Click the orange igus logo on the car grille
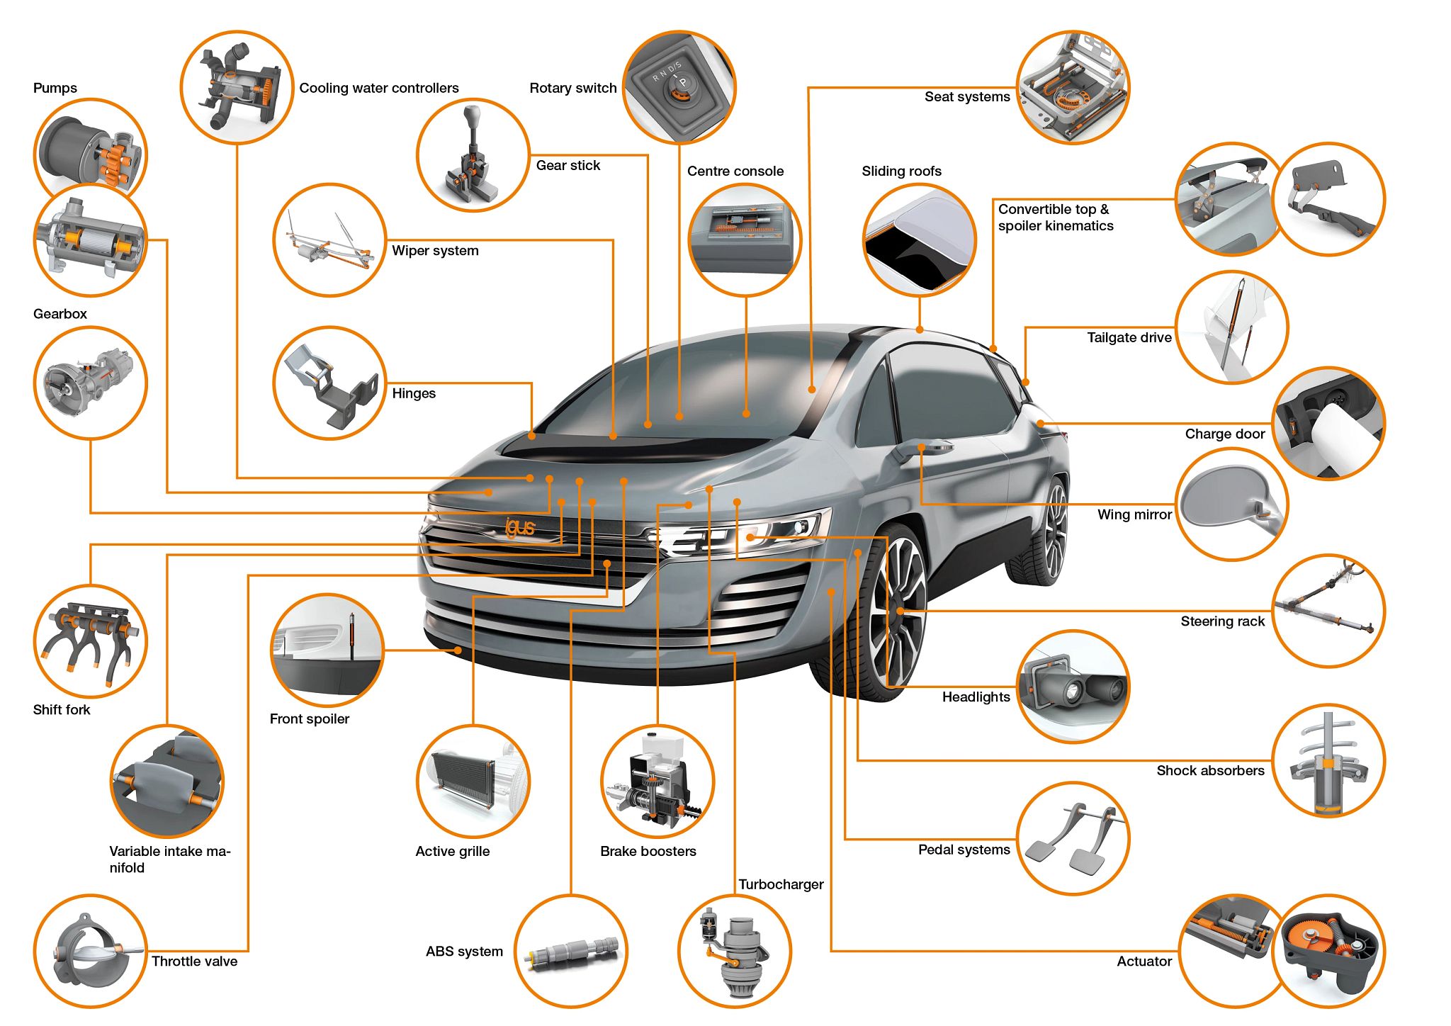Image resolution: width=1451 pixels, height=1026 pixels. coord(520,527)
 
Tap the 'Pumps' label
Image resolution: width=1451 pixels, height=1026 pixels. coord(55,88)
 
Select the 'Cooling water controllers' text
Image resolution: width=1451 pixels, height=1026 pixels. coord(379,88)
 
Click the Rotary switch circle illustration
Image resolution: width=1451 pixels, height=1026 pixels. coord(679,87)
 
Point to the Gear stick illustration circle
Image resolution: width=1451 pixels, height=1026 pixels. coord(473,155)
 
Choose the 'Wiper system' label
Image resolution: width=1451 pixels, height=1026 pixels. coord(435,251)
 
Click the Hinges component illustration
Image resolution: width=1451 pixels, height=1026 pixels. coord(330,383)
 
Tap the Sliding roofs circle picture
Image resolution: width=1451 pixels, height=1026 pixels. coord(920,240)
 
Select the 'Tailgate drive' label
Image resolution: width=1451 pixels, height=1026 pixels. coord(1129,338)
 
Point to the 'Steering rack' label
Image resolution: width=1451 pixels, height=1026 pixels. coord(1222,621)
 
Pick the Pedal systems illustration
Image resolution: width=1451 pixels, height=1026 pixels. coord(1073,838)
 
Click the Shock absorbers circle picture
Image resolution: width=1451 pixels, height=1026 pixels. coord(1328,760)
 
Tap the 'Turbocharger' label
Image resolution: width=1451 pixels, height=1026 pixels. coord(781,884)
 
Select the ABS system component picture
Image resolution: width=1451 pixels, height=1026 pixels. coord(571,951)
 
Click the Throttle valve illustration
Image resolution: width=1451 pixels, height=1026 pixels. coord(91,951)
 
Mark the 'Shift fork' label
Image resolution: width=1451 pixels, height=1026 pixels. coord(62,710)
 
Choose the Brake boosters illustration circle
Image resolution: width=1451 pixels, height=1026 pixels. coord(657,782)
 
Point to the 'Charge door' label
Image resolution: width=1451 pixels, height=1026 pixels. coord(1225,434)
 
